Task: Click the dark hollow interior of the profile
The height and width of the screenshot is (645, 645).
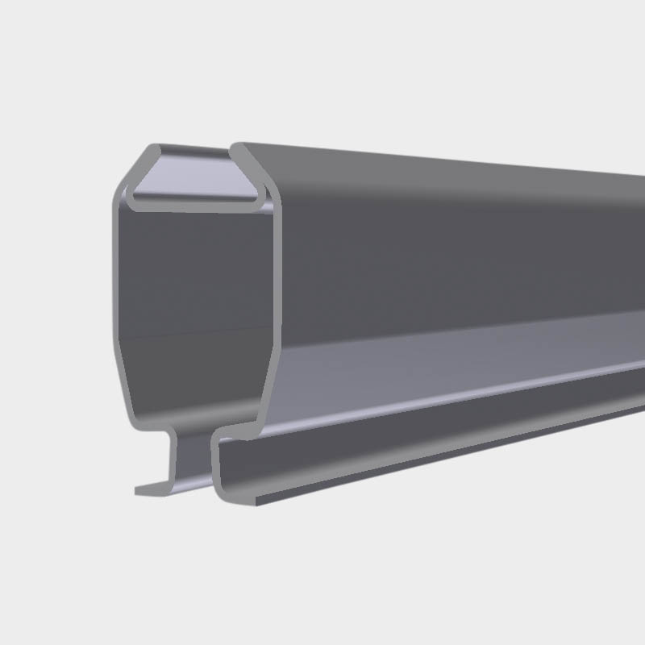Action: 193,290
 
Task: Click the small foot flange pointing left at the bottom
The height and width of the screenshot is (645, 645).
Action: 149,489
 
